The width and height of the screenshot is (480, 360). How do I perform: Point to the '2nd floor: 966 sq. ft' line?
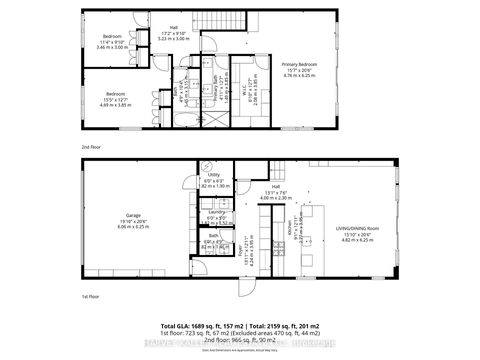240,341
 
